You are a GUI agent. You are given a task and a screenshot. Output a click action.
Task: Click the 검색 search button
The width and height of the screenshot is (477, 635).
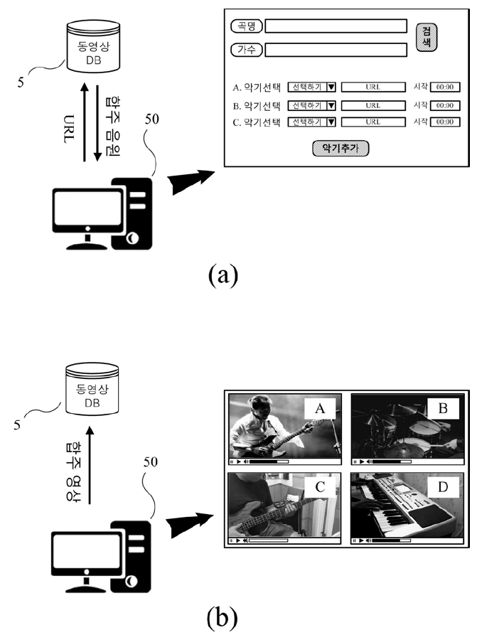click(x=427, y=37)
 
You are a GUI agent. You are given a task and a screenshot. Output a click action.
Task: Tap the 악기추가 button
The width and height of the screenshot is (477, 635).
click(x=341, y=149)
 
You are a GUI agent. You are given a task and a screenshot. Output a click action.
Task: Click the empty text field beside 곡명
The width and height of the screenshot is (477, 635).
click(x=336, y=26)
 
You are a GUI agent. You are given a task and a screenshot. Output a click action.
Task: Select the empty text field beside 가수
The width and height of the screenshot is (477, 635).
click(x=336, y=50)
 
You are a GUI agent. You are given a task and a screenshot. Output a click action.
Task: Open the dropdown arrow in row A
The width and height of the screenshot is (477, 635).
click(x=331, y=87)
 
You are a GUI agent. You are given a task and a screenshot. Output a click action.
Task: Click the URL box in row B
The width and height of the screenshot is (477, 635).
click(x=373, y=106)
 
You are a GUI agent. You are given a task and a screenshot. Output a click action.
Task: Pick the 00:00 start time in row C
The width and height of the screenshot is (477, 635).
click(x=444, y=122)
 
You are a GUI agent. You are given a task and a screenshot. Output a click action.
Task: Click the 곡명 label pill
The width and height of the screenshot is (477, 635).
click(x=246, y=26)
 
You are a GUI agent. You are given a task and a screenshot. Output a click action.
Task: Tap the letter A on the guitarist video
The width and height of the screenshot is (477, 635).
click(x=320, y=409)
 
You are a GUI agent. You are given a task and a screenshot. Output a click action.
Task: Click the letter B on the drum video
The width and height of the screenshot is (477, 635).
click(x=443, y=408)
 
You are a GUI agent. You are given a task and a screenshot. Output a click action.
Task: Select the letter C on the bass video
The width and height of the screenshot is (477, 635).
click(x=320, y=487)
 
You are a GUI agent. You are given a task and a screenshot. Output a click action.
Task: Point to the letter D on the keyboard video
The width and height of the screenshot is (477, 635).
click(x=443, y=487)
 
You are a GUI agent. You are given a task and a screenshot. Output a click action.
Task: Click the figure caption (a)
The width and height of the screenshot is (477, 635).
click(x=223, y=275)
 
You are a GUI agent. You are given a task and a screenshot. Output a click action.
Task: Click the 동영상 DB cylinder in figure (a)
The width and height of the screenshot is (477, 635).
click(x=93, y=46)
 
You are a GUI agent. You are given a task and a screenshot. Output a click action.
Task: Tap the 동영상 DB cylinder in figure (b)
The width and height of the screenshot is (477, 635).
click(x=92, y=389)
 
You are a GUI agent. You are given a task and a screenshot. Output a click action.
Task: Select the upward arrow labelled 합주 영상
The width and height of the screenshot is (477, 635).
click(x=90, y=465)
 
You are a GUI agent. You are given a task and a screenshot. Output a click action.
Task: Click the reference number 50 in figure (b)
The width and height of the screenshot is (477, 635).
click(x=151, y=462)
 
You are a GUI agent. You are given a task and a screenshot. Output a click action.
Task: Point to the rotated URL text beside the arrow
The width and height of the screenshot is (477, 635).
click(x=69, y=129)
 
